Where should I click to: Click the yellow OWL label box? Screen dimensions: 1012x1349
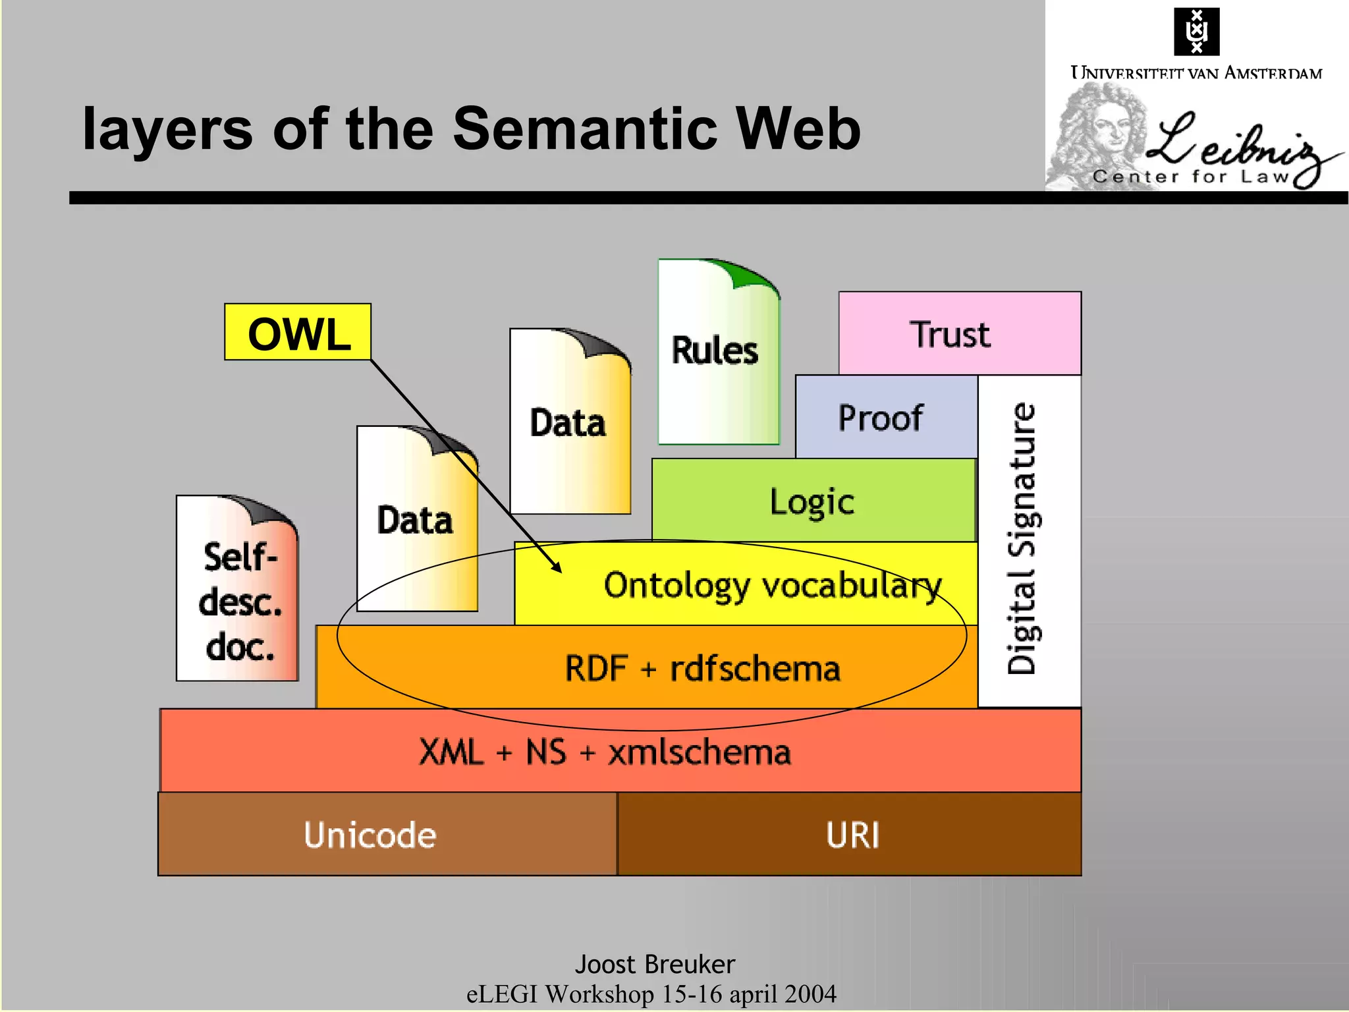[298, 332]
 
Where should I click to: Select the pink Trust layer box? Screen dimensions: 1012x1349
[959, 333]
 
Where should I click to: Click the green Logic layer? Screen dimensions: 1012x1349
[813, 501]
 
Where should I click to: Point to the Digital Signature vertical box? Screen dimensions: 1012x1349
[1028, 540]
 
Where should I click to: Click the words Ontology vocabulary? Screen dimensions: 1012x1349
[772, 585]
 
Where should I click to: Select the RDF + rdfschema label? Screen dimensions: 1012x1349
[702, 668]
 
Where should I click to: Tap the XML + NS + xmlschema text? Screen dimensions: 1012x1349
[605, 752]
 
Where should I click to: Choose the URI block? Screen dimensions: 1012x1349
[851, 834]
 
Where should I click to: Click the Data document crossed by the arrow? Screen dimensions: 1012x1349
[417, 520]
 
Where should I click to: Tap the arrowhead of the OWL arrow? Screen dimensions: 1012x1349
[558, 569]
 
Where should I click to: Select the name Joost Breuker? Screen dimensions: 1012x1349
[655, 964]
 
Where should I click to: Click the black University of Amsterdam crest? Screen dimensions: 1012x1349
[1196, 31]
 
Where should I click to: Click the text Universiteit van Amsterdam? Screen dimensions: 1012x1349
[1196, 72]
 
